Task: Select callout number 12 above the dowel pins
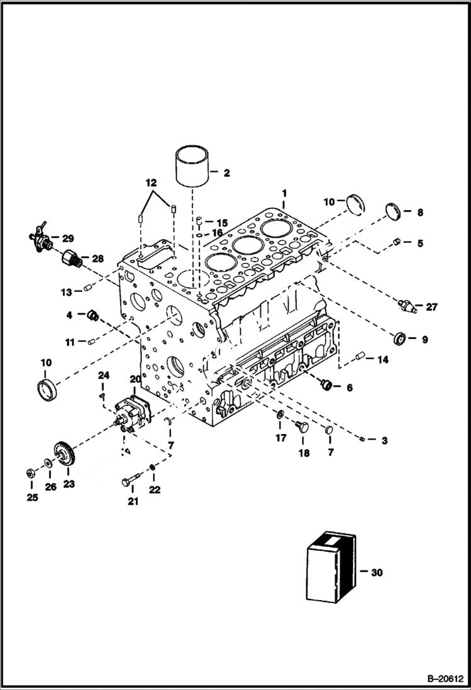pos(151,183)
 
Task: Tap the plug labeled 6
pos(325,384)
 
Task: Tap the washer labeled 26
pos(48,464)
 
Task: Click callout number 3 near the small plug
pos(384,440)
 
